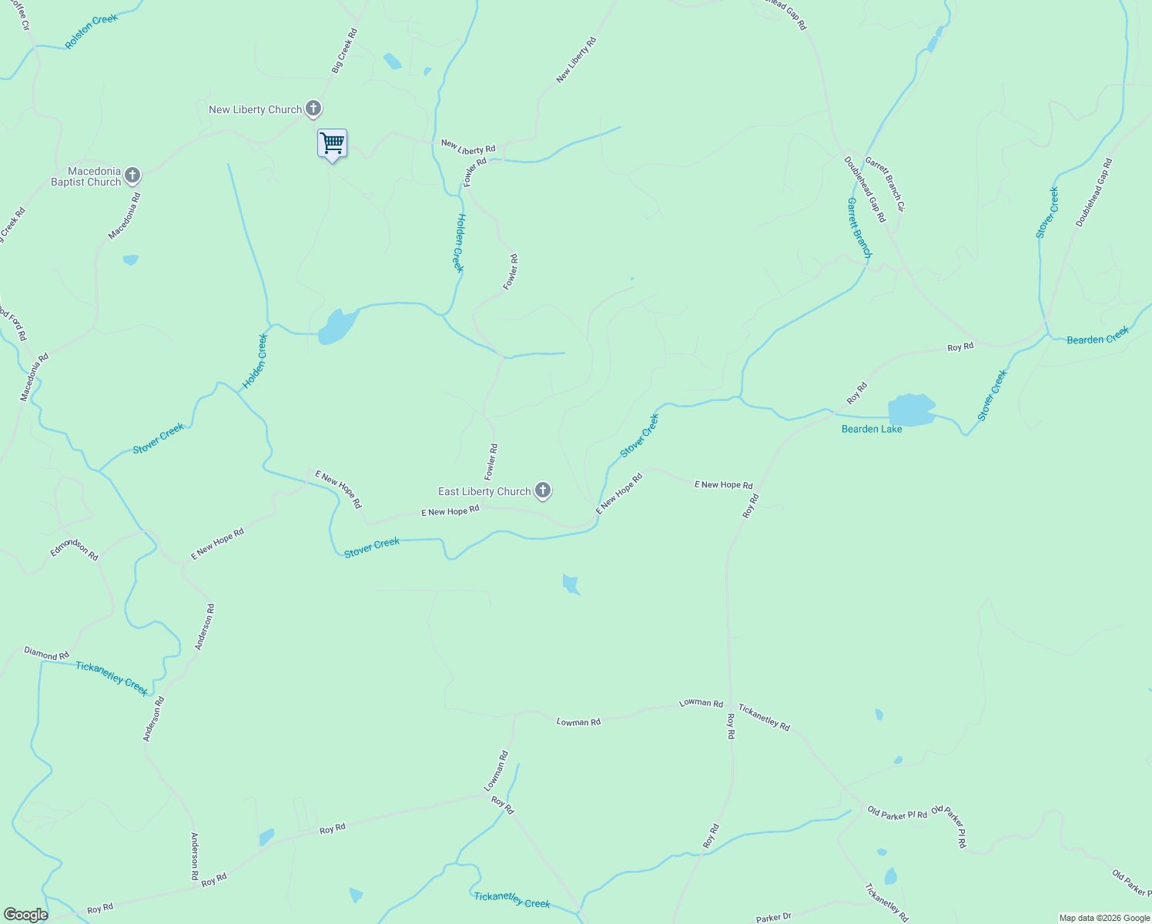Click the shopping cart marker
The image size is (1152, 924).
point(332,143)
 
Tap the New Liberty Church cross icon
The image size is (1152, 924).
point(313,109)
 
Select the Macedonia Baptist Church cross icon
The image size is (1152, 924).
point(132,176)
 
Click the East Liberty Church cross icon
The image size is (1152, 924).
point(543,490)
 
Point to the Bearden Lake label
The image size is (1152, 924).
point(872,429)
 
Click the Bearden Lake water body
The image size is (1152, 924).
point(911,410)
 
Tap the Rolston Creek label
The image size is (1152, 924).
point(92,32)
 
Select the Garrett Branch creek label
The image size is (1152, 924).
point(859,227)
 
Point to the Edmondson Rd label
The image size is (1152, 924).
point(75,549)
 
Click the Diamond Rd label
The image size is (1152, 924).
point(46,654)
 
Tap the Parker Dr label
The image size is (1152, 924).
point(773,918)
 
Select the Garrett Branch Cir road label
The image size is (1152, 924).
point(885,184)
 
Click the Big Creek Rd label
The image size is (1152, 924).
point(345,51)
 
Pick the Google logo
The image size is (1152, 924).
point(25,915)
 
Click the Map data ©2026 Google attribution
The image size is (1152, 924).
point(1104,918)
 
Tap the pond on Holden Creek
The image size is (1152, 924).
point(337,326)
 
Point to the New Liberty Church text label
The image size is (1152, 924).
point(255,109)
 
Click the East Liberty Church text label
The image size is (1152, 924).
point(484,491)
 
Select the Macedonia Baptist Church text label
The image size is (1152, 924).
point(85,176)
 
